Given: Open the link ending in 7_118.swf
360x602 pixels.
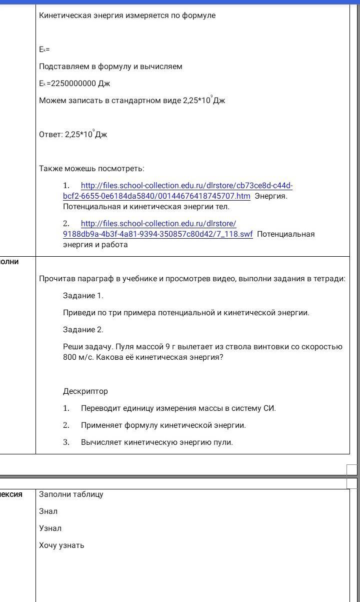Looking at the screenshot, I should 157,234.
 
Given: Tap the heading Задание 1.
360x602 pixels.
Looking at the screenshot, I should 83,296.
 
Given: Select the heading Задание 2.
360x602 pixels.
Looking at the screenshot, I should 83,330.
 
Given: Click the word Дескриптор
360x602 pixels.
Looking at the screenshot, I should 85,391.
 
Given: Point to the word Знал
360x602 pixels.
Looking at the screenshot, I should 48,511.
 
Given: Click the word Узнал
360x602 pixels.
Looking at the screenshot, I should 50,528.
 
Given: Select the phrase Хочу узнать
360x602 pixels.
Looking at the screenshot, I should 61,545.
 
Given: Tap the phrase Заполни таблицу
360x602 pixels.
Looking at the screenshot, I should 71,494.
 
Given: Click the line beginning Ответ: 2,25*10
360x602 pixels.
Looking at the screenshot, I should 73,135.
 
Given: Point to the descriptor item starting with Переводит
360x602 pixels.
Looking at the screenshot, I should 178,408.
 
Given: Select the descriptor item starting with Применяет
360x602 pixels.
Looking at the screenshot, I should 163,425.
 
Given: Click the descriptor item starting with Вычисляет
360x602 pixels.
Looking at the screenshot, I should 156,442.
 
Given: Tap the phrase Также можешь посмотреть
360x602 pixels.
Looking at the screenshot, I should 91,169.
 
